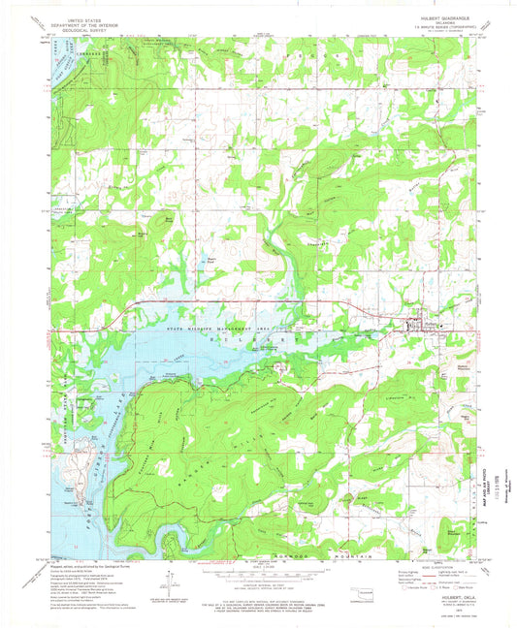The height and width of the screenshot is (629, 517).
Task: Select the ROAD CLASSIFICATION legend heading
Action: [414, 564]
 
